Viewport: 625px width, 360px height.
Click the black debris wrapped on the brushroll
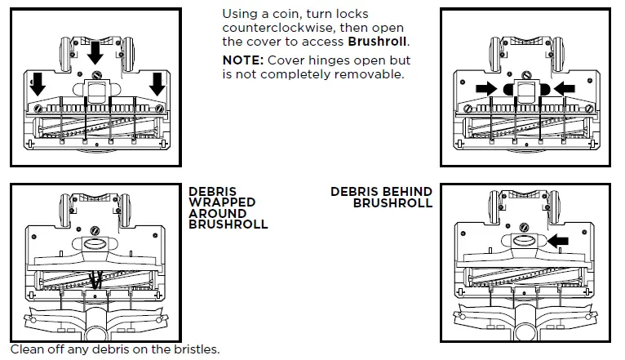pos(97,279)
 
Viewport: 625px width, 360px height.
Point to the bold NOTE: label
pos(243,60)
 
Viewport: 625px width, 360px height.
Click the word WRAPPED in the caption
pos(222,202)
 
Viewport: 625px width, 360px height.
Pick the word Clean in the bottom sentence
pos(27,350)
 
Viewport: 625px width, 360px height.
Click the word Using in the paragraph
pos(240,15)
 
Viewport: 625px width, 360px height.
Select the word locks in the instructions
pos(350,15)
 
